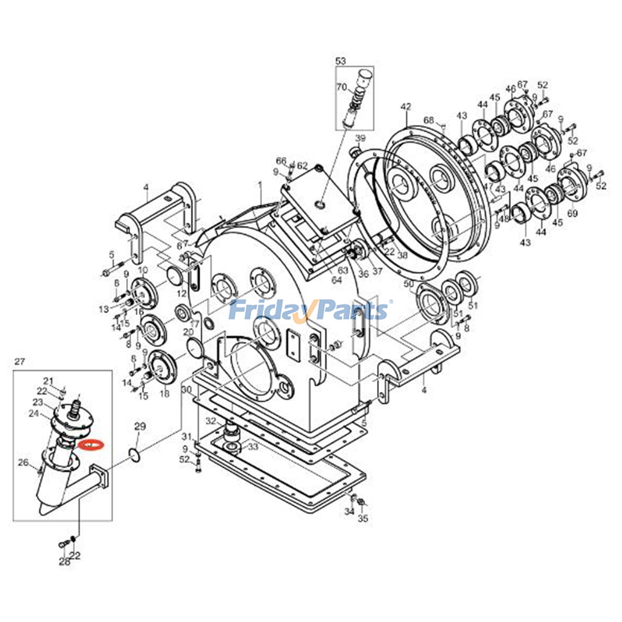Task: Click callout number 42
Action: pos(405,107)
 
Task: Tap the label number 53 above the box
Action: pos(341,61)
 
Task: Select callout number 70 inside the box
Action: pos(342,87)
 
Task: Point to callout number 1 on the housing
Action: pos(260,186)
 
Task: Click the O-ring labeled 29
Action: pos(134,454)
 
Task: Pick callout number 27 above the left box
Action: pos(19,362)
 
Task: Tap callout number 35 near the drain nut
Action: pos(363,518)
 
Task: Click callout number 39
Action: pos(361,138)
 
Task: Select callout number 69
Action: pos(573,213)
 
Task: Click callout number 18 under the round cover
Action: pos(164,394)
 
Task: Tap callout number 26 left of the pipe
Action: pos(23,462)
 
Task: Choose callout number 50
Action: pos(409,284)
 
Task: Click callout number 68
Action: pos(428,120)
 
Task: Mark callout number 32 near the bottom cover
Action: pos(211,421)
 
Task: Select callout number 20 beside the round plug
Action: pos(188,332)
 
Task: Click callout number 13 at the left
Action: pos(104,309)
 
